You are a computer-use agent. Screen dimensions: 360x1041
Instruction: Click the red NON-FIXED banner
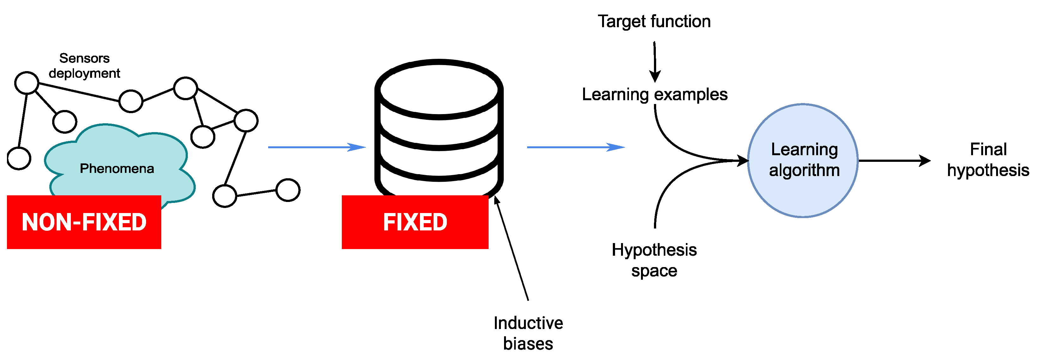pyautogui.click(x=84, y=222)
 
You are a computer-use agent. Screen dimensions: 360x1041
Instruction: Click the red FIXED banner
pyautogui.click(x=415, y=222)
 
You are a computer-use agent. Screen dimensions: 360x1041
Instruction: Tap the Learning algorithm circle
pyautogui.click(x=803, y=161)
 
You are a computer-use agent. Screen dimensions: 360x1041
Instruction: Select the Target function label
pyautogui.click(x=654, y=21)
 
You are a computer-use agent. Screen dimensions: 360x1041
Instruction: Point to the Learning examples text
pyautogui.click(x=654, y=95)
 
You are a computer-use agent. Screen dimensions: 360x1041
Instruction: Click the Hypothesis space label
pyautogui.click(x=654, y=260)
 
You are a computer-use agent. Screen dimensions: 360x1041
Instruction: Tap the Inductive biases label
pyautogui.click(x=528, y=333)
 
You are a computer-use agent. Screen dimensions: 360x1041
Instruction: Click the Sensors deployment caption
pyautogui.click(x=84, y=66)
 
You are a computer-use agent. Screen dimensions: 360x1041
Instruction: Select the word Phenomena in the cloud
pyautogui.click(x=117, y=168)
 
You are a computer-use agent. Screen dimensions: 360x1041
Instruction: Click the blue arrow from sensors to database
pyautogui.click(x=317, y=147)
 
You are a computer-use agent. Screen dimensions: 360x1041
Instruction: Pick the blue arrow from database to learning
pyautogui.click(x=576, y=147)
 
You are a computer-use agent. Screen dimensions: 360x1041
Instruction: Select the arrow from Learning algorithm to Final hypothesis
pyautogui.click(x=893, y=161)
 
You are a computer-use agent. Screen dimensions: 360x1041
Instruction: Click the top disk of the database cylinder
pyautogui.click(x=439, y=90)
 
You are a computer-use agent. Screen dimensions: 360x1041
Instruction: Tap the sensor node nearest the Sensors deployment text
pyautogui.click(x=27, y=83)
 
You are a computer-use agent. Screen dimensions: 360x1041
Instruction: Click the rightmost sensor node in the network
pyautogui.click(x=288, y=190)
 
